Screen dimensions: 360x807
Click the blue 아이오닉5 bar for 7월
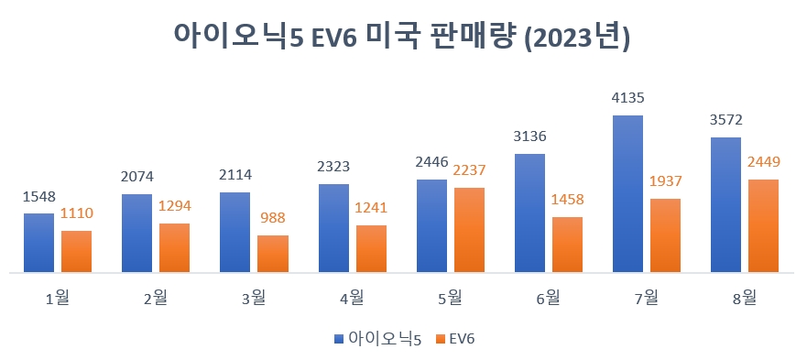click(x=627, y=194)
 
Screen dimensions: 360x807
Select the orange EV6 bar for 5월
click(x=469, y=230)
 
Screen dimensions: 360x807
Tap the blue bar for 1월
click(x=38, y=243)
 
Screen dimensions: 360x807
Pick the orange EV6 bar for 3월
click(x=272, y=254)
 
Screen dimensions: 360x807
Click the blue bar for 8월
click(x=725, y=205)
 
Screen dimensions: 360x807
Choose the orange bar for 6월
click(x=567, y=245)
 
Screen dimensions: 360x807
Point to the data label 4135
click(x=627, y=98)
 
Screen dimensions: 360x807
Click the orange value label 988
click(x=273, y=219)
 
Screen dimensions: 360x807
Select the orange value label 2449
click(x=763, y=162)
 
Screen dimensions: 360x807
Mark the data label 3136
click(x=529, y=136)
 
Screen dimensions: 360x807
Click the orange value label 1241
click(x=371, y=207)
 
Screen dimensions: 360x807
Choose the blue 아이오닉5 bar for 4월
click(x=333, y=228)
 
